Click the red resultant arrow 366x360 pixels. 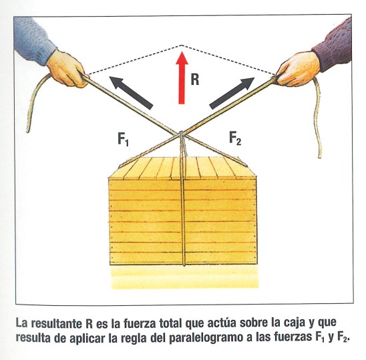pyautogui.click(x=182, y=77)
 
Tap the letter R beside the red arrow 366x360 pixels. pyautogui.click(x=195, y=79)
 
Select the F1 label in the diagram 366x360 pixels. pyautogui.click(x=123, y=139)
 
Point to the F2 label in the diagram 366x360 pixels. pyautogui.click(x=235, y=138)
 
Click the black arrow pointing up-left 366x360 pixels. pyautogui.click(x=132, y=93)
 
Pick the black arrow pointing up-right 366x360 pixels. pyautogui.click(x=232, y=93)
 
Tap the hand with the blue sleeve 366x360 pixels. pyautogui.click(x=66, y=69)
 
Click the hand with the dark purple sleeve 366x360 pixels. pyautogui.click(x=297, y=69)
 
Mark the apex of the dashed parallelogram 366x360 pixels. pyautogui.click(x=182, y=45)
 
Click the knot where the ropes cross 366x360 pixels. pyautogui.click(x=182, y=134)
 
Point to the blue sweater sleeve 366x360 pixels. pyautogui.click(x=34, y=39)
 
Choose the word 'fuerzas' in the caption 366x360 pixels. pyautogui.click(x=293, y=338)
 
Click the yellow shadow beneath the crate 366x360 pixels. pyautogui.click(x=184, y=277)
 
